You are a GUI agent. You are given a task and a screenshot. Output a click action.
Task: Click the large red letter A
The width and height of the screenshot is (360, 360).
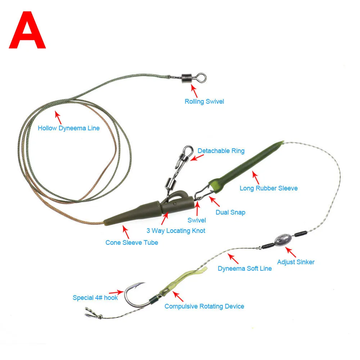pyautogui.click(x=27, y=30)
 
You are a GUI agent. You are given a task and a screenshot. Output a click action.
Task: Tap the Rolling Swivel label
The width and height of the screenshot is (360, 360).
pyautogui.click(x=204, y=102)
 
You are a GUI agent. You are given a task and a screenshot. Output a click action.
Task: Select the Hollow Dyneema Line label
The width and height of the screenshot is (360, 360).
pyautogui.click(x=69, y=128)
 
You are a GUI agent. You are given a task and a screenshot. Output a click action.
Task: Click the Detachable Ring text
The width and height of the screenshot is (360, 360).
pyautogui.click(x=221, y=151)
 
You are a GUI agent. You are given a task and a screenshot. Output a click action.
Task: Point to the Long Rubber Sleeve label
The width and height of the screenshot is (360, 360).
pyautogui.click(x=269, y=188)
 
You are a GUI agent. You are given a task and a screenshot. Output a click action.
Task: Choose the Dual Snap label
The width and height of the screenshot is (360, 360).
pyautogui.click(x=230, y=212)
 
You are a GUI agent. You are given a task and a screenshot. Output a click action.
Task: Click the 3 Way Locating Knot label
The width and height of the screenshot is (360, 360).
pyautogui.click(x=176, y=231)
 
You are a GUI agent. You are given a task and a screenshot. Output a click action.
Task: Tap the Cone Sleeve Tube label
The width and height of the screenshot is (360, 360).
pyautogui.click(x=132, y=242)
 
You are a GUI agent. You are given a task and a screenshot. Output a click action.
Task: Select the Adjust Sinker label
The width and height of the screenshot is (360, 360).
pyautogui.click(x=296, y=262)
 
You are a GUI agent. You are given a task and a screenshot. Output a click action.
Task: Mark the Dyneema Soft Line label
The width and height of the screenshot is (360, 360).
pyautogui.click(x=245, y=269)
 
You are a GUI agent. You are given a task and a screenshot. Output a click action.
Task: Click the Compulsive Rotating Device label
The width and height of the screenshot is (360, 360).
pyautogui.click(x=204, y=306)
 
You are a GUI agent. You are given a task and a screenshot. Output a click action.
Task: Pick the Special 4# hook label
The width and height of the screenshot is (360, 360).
pyautogui.click(x=95, y=298)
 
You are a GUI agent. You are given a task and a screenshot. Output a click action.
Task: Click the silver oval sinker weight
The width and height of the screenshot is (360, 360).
pyautogui.click(x=284, y=240)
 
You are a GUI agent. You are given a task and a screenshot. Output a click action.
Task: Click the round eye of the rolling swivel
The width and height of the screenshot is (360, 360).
pyautogui.click(x=202, y=78)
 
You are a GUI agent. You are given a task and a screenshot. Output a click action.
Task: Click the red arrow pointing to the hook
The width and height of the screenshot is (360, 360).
pyautogui.click(x=116, y=292)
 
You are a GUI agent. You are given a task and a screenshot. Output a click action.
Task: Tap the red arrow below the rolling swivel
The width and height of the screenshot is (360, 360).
pyautogui.click(x=194, y=91)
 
